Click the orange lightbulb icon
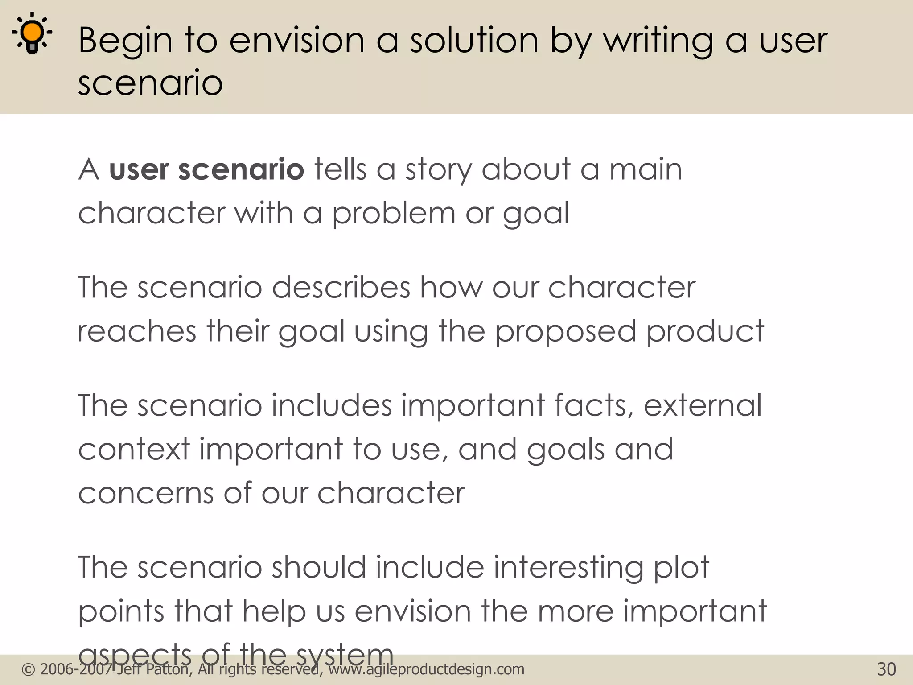(32, 33)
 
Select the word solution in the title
(474, 40)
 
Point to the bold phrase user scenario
(206, 170)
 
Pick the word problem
(394, 214)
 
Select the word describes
(341, 287)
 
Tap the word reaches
(137, 331)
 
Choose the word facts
(594, 405)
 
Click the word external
(703, 405)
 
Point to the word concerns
(146, 493)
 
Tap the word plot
(681, 568)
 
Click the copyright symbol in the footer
(28, 669)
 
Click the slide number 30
(886, 669)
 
